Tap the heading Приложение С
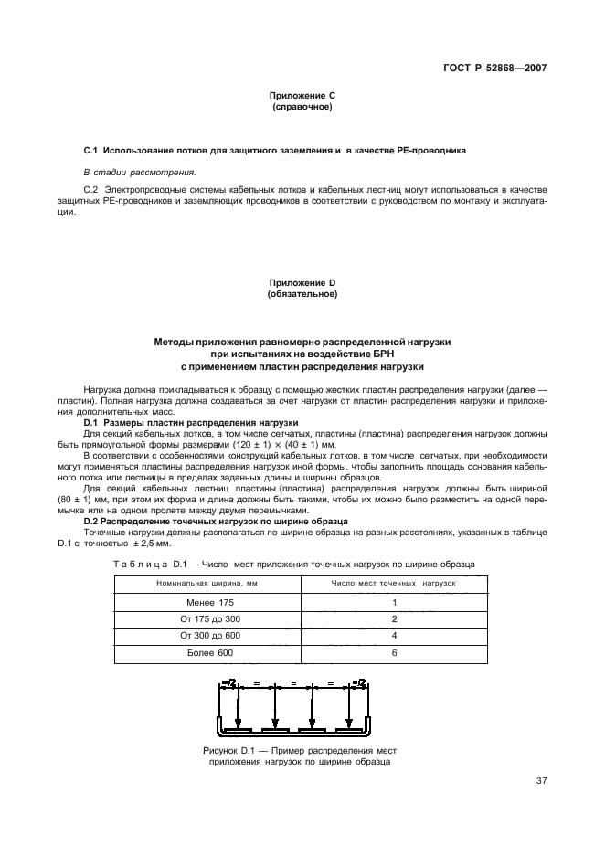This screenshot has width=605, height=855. (x=302, y=95)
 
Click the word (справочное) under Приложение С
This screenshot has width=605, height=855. (x=302, y=106)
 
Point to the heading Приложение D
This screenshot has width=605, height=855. (x=302, y=283)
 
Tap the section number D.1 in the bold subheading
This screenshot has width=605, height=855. (x=90, y=423)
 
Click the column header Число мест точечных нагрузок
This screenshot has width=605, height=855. (x=393, y=583)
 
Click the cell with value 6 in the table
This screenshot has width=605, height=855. (x=393, y=653)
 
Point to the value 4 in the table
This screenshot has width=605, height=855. (x=393, y=636)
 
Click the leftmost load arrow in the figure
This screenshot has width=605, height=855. (x=238, y=709)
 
